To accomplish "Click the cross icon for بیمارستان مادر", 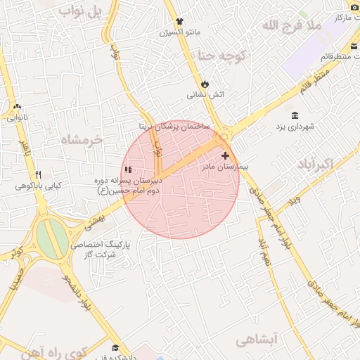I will click(225, 155).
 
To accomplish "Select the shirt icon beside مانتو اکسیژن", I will click(180, 21).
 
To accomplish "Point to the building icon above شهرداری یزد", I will click(293, 115).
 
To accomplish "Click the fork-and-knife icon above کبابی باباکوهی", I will click(38, 174).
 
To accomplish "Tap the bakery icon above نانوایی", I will click(17, 107).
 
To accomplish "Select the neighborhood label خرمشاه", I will click(82, 139).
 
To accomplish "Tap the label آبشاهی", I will click(278, 339).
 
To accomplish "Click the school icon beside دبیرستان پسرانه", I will click(128, 169).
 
